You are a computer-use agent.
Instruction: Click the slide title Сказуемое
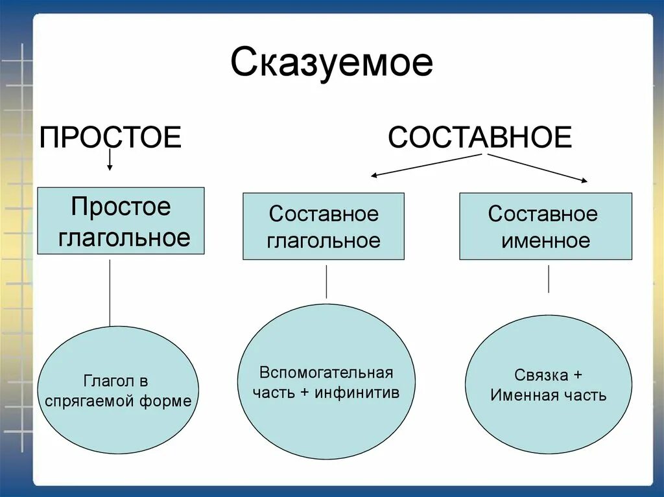(331, 64)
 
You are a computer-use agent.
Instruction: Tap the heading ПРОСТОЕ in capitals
(110, 137)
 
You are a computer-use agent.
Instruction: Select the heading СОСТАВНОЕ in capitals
(480, 137)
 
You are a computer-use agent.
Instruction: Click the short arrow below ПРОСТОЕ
(110, 159)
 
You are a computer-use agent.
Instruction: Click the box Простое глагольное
(121, 221)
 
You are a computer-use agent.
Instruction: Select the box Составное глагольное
(324, 226)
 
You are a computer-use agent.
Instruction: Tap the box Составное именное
(545, 226)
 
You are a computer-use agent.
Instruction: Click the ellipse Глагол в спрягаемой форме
(118, 390)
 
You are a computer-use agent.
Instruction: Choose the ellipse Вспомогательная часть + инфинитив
(326, 382)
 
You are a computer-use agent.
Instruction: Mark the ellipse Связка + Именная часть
(549, 384)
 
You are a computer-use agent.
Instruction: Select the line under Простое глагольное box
(110, 292)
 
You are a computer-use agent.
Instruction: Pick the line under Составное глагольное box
(326, 281)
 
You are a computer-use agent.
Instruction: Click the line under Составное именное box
(549, 279)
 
